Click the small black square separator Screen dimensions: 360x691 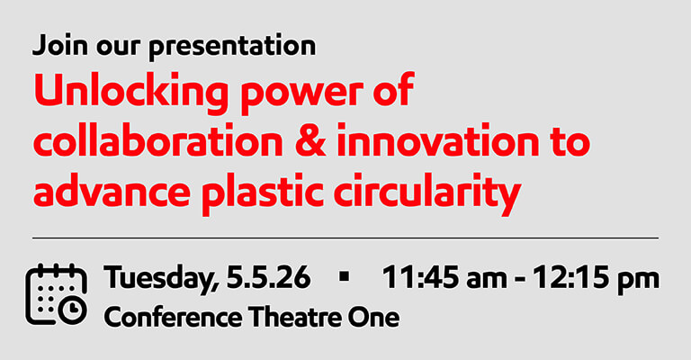click(343, 279)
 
